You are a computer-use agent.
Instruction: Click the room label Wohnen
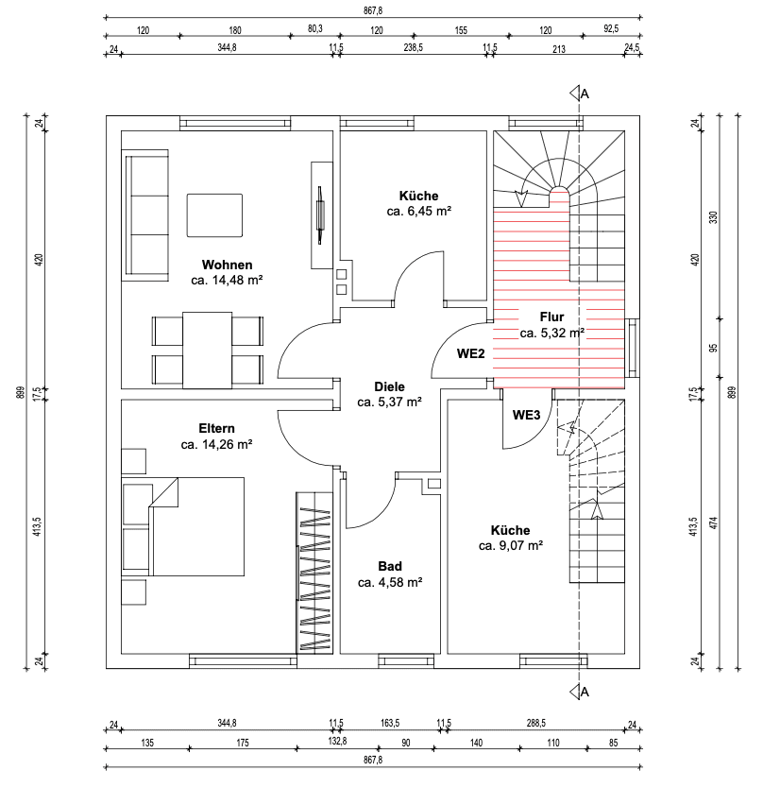[x=226, y=264]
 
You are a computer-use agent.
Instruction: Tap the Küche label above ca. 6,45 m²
[x=418, y=196]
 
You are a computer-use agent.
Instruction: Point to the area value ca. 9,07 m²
[x=510, y=546]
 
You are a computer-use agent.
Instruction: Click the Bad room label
[x=389, y=566]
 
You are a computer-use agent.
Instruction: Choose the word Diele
[x=389, y=386]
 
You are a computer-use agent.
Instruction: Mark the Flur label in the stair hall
[x=551, y=317]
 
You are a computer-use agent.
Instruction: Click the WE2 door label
[x=471, y=354]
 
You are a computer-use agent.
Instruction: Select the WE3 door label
[x=526, y=415]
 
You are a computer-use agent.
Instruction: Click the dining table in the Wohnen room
[x=207, y=350]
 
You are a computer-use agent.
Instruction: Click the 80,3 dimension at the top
[x=315, y=29]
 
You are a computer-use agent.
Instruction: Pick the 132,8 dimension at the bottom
[x=337, y=743]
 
